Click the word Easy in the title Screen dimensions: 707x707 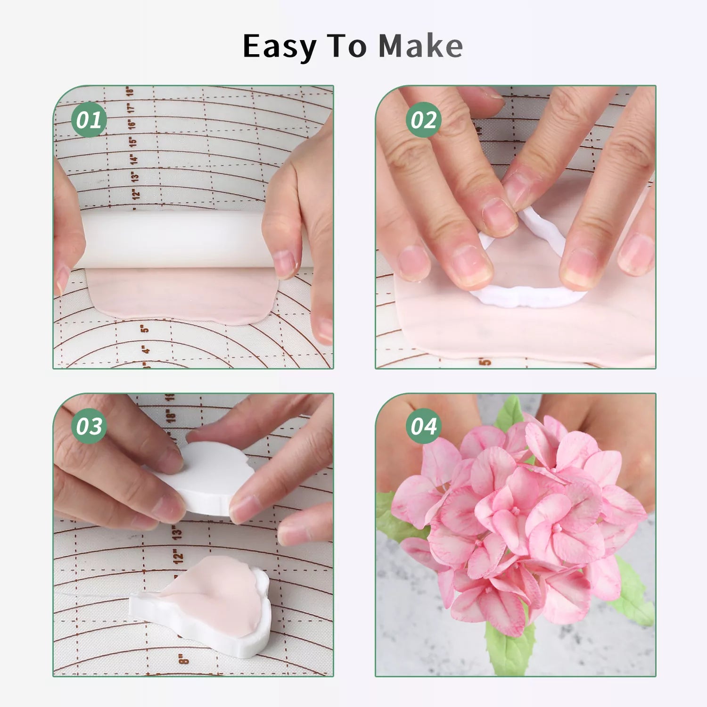[280, 47]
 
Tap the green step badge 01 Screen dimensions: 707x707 [89, 120]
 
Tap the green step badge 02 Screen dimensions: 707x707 [423, 120]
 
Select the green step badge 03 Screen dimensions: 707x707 [89, 426]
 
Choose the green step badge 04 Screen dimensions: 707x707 [423, 426]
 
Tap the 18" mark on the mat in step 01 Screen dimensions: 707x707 [130, 91]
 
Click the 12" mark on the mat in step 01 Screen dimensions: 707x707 [136, 193]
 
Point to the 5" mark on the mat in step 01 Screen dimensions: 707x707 [145, 328]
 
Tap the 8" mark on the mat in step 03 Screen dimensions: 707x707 [183, 658]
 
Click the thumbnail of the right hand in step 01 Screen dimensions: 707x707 [285, 264]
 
